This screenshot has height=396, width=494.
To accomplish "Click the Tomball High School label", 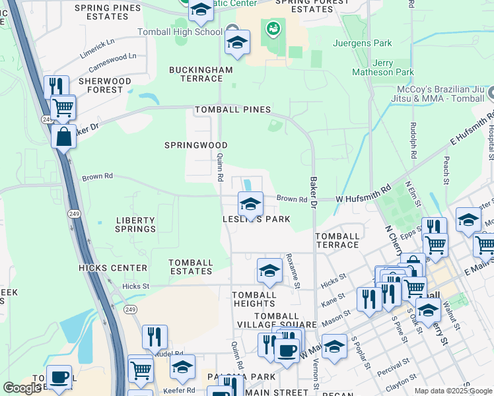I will pyautogui.click(x=180, y=32).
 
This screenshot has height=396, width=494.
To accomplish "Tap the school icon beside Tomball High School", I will pyautogui.click(x=237, y=44).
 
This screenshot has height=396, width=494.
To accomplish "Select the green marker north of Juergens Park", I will pyautogui.click(x=272, y=29).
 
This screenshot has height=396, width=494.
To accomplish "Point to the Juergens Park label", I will pyautogui.click(x=365, y=44).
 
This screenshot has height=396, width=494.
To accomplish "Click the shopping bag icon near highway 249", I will pyautogui.click(x=63, y=137).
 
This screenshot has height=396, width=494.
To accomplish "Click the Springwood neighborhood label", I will pyautogui.click(x=196, y=145).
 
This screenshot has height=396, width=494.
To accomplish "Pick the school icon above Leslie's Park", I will pyautogui.click(x=250, y=205).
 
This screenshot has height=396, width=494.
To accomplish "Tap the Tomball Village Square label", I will pyautogui.click(x=285, y=320).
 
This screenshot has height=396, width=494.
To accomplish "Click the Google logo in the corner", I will pyautogui.click(x=22, y=388).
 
